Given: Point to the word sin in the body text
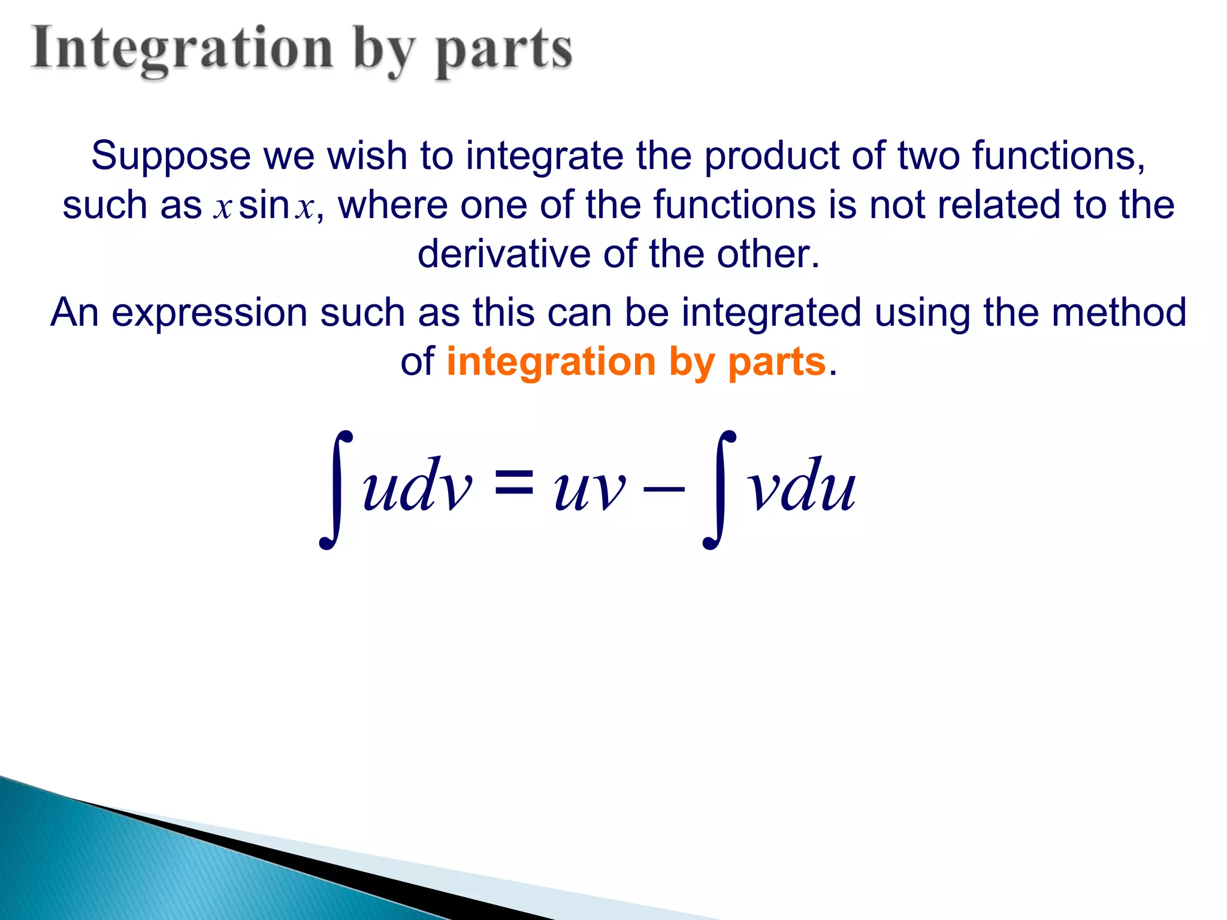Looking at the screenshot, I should [264, 205].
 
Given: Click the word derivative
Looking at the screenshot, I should [503, 254].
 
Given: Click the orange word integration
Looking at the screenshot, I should [551, 362].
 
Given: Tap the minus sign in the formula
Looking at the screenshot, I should [663, 489].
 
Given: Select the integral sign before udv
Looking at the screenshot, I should [337, 489].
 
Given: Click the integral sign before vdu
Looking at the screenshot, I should [720, 489].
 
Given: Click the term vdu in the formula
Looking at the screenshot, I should [802, 485].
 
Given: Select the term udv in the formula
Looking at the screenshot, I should [417, 485].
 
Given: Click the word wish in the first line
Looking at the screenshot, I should [367, 156].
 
